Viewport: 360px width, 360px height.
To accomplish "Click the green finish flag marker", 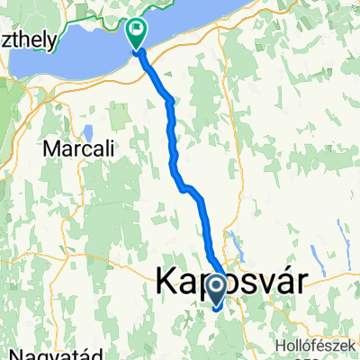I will (x=136, y=33).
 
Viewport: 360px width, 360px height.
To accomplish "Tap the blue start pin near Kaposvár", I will (x=217, y=290).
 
